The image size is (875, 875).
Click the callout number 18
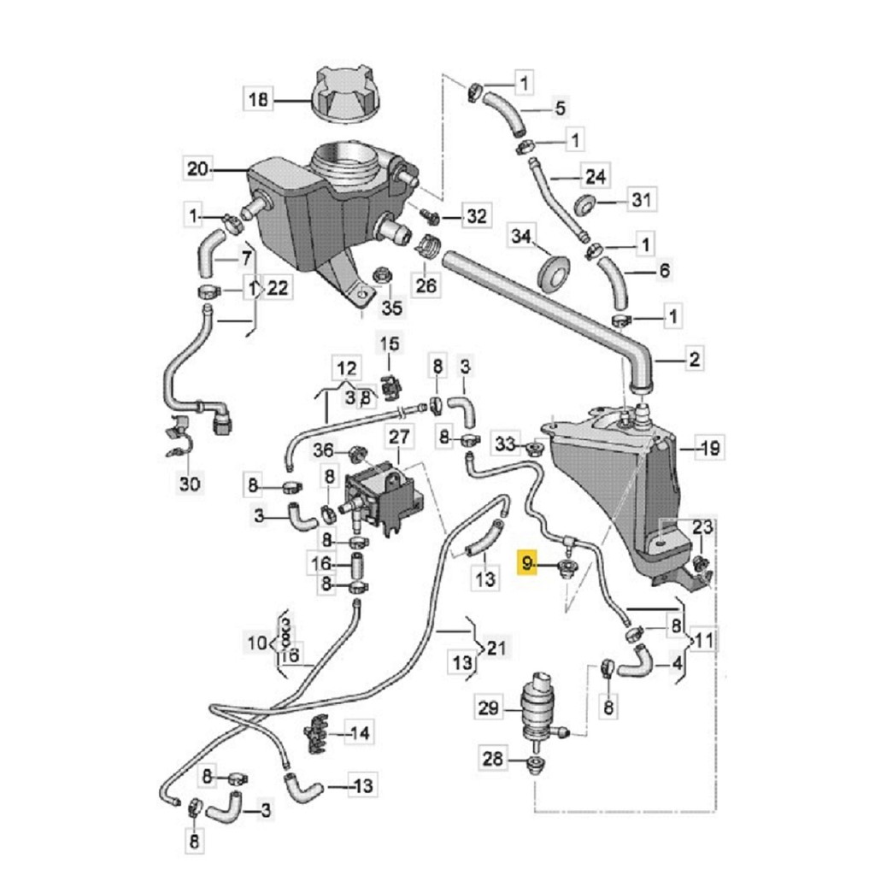(258, 101)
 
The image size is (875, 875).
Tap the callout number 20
(197, 168)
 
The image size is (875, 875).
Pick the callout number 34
(521, 236)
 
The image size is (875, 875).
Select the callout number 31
(642, 199)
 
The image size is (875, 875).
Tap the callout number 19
(710, 448)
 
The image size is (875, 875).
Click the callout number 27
(400, 437)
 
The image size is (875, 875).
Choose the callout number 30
(190, 483)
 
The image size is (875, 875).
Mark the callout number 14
(360, 732)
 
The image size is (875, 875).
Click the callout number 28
(492, 759)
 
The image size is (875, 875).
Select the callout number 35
(391, 307)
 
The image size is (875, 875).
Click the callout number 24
(596, 176)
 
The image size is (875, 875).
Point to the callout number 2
(694, 359)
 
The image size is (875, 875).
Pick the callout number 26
(426, 285)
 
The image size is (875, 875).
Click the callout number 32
(477, 216)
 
